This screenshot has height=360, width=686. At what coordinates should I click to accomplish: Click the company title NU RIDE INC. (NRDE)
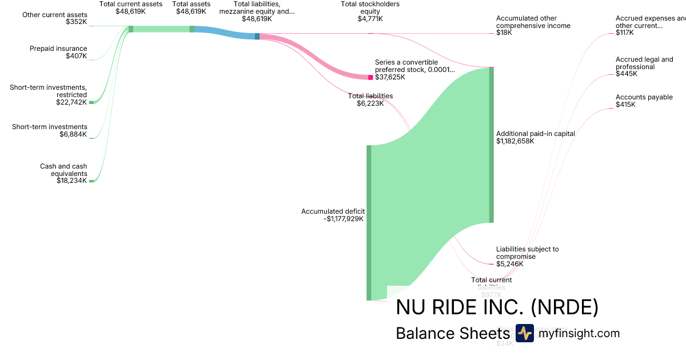coord(497,308)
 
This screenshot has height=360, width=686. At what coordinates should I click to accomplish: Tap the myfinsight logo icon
coord(524,333)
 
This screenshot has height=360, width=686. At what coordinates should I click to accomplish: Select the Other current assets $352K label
coord(55,18)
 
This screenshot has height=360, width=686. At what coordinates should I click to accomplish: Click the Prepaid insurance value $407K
coord(77,57)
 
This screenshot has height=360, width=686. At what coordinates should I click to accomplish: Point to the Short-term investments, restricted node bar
coord(91,102)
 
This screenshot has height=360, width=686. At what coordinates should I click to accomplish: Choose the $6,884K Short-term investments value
coord(73,134)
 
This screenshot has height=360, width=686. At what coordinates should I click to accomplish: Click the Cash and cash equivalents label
coord(63,170)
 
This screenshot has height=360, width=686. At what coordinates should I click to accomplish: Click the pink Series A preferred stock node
coord(370,77)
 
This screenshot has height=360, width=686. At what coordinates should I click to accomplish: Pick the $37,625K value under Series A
coord(390,77)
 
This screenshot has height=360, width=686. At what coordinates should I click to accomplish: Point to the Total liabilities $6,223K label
coord(370,99)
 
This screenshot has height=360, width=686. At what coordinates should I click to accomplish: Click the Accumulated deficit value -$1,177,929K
coord(344,218)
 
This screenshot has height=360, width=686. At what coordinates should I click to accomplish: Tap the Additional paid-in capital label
coord(535,134)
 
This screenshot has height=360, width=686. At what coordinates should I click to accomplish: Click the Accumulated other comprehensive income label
coord(533,22)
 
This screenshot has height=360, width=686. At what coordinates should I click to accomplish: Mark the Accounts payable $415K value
coord(625,105)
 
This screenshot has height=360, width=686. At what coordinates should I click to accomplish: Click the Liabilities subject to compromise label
coord(527,253)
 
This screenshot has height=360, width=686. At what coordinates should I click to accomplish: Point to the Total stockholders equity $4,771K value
coord(370,19)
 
